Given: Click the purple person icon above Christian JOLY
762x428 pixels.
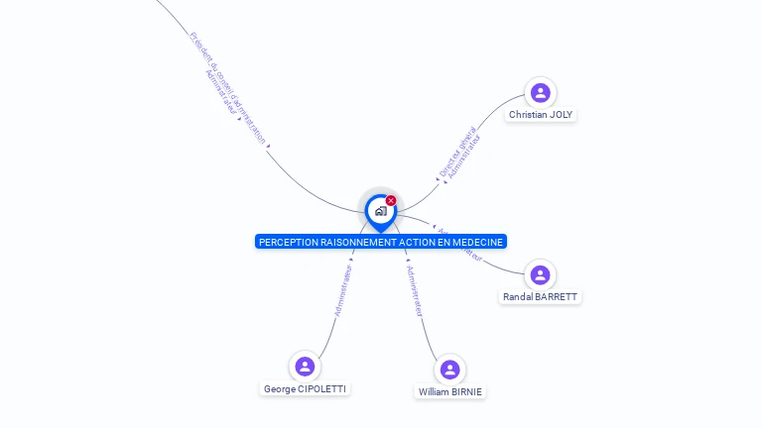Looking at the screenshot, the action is click(541, 92).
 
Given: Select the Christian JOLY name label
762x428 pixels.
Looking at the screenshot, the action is click(541, 115).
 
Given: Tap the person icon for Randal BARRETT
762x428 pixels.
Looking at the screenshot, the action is click(539, 274).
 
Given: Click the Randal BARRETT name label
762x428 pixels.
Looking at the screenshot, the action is click(540, 297).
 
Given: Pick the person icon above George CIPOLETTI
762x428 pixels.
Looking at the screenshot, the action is click(305, 367).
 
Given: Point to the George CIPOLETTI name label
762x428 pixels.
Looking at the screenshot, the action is click(306, 389).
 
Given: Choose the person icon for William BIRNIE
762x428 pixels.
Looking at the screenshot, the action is click(450, 370).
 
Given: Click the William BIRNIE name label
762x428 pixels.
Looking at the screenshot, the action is click(450, 392).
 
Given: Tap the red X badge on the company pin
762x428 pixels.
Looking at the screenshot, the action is click(391, 201).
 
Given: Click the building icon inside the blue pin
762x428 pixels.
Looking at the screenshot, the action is click(380, 210).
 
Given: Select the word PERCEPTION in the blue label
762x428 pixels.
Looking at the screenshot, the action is click(289, 242).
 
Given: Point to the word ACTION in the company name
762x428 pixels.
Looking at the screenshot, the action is click(420, 242).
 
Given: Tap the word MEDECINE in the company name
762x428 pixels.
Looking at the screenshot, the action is click(479, 242).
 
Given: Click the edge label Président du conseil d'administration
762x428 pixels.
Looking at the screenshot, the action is click(228, 88).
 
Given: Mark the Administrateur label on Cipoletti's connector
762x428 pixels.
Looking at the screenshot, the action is click(343, 289).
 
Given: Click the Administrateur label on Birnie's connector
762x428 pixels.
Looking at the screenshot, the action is click(416, 291).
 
